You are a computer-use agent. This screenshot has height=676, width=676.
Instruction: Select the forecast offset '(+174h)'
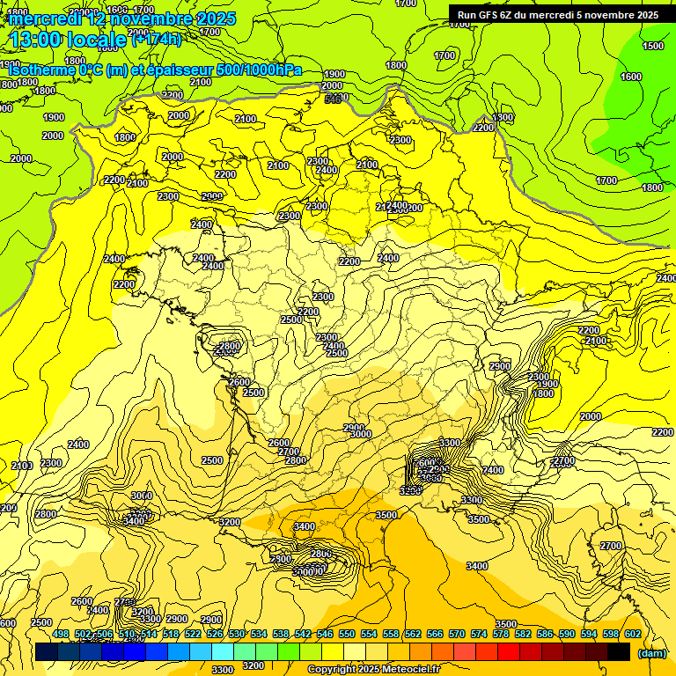coord(157,39)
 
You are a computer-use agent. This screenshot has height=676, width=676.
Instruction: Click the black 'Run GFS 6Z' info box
coord(557,14)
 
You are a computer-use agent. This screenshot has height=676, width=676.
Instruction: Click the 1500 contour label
coord(652,46)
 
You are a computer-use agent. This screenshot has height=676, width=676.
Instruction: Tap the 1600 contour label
coord(631,77)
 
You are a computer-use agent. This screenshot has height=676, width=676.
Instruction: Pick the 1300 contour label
coord(503,117)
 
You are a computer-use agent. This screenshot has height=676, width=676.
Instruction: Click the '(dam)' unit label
coord(651,653)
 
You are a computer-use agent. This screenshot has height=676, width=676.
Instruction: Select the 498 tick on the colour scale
coord(61,634)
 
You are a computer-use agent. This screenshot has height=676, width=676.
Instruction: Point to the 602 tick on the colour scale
coord(633,634)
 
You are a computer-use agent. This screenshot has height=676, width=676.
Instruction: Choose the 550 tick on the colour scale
coord(347,634)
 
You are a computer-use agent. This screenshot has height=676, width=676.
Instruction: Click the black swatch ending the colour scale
coord(619,651)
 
